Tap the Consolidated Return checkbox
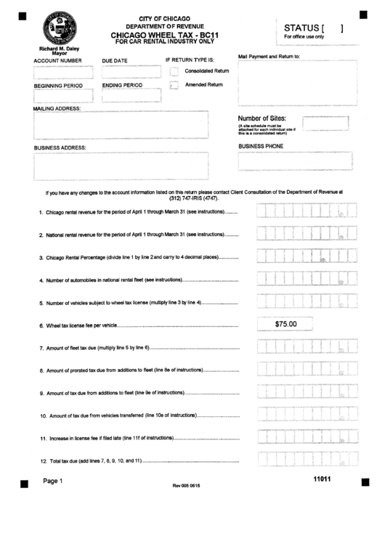(174, 71)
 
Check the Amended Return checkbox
(174, 86)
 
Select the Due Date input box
(131, 72)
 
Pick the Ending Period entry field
(131, 96)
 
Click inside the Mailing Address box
(121, 124)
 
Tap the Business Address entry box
(121, 165)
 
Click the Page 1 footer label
(53, 481)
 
